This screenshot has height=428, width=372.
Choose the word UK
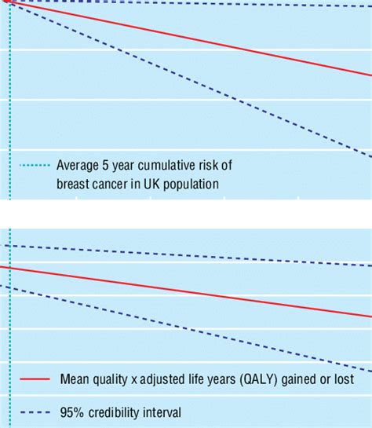coord(155,184)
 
